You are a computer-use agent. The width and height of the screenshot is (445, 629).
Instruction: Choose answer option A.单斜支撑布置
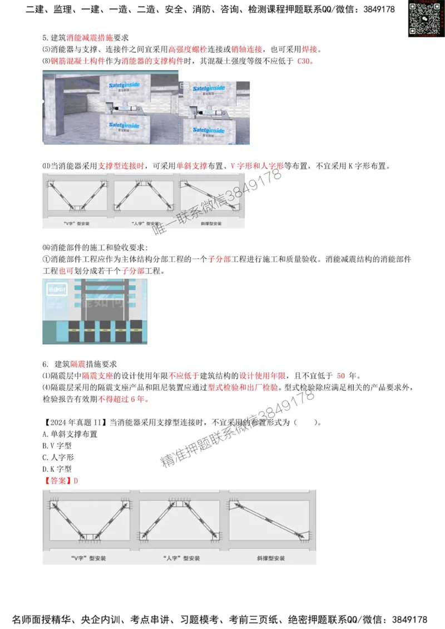pyautogui.click(x=70, y=434)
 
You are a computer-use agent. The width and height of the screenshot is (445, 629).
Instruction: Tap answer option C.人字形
pyautogui.click(x=58, y=457)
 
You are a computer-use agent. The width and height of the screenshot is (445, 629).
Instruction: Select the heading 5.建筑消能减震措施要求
pyautogui.click(x=86, y=38)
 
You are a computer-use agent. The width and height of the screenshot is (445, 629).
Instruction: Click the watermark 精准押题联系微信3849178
pyautogui.click(x=236, y=428)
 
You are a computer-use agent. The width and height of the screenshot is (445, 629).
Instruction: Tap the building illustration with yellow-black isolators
pyautogui.click(x=95, y=311)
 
